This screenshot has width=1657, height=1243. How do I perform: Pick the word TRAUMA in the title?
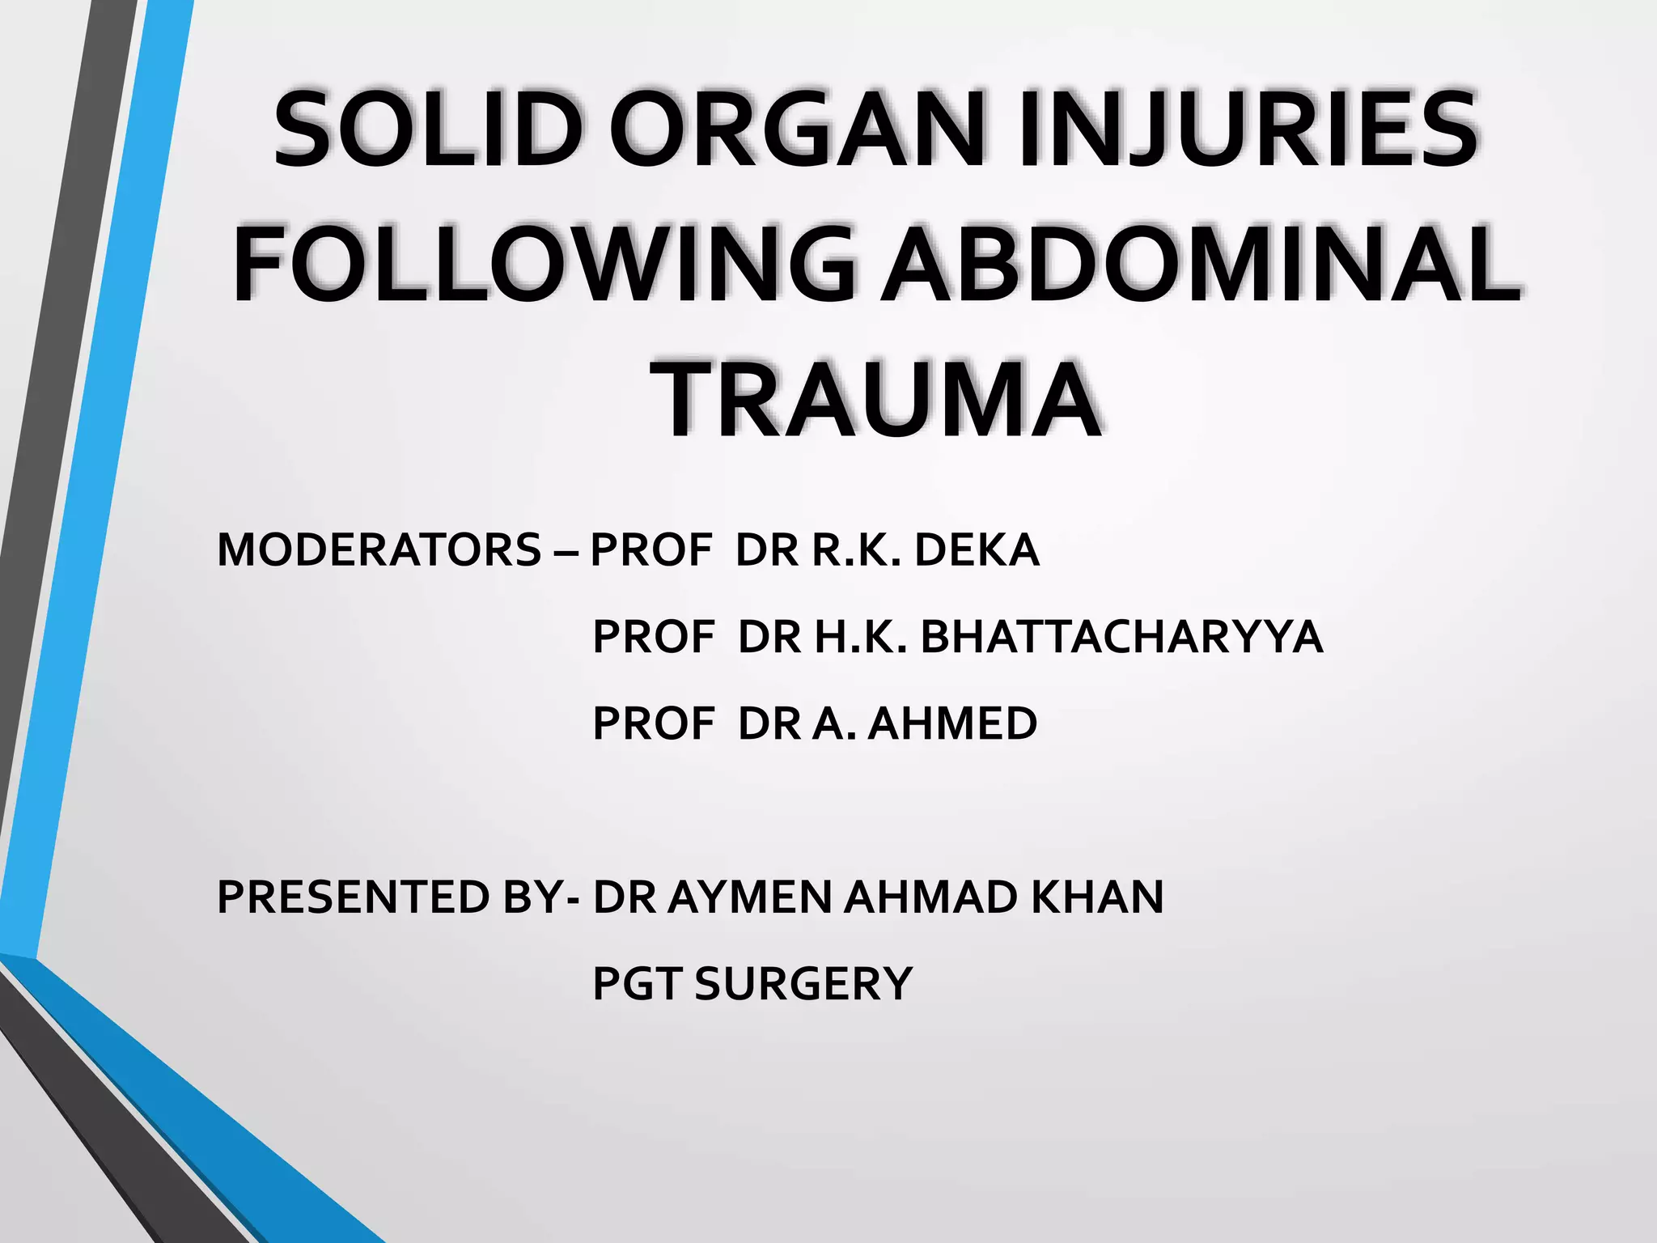click(x=879, y=400)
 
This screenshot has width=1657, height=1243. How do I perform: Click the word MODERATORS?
click(x=379, y=550)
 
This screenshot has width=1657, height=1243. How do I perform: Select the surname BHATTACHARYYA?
click(x=1121, y=637)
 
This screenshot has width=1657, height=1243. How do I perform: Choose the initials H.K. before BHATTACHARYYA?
click(x=861, y=637)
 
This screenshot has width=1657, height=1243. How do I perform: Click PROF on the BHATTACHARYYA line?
click(x=653, y=637)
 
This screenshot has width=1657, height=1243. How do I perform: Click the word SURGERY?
click(x=803, y=984)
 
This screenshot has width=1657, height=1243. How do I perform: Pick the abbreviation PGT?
click(x=638, y=984)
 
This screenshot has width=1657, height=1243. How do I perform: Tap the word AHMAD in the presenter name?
click(x=930, y=897)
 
